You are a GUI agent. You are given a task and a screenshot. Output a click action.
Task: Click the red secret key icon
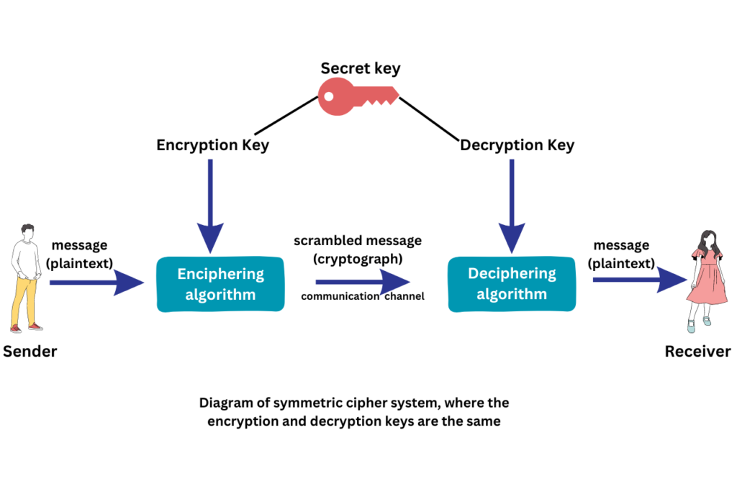pos(358,97)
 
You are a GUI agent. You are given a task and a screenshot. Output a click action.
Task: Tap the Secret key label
pos(360,69)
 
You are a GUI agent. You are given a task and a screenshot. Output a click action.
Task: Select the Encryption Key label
pos(212,145)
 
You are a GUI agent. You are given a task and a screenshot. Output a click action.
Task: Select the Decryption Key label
pos(517,145)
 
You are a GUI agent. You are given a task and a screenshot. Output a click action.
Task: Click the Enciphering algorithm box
pos(220,285)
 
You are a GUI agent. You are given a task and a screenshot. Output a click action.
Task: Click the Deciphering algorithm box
pos(512,284)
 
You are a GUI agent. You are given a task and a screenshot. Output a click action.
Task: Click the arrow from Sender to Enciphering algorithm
pos(94,283)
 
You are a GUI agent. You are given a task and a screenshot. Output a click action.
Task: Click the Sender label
pos(30,352)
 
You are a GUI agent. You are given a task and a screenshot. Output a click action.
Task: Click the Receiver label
pos(697,352)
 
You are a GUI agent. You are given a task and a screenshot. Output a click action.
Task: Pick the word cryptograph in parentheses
pos(357,257)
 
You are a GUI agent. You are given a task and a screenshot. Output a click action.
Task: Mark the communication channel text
pos(362,296)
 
